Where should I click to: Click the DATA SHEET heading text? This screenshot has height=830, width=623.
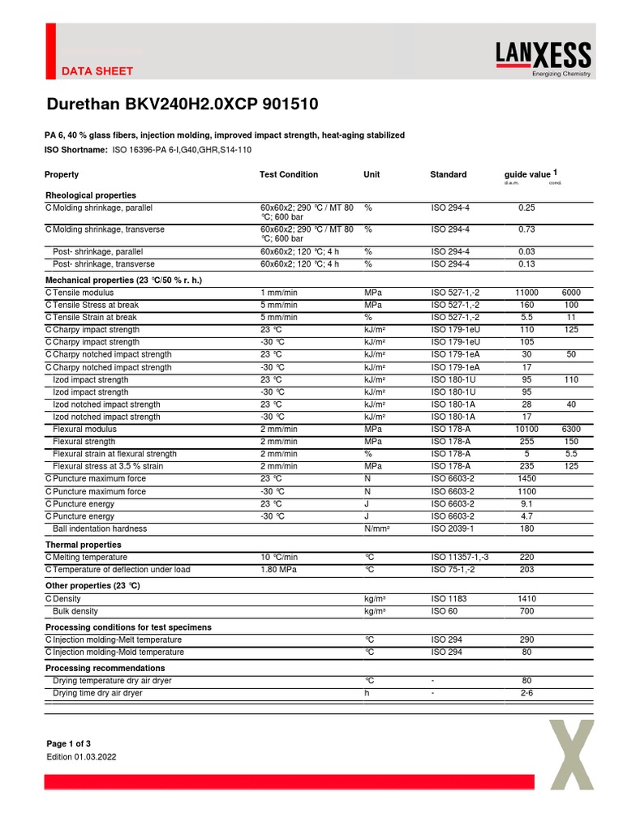97,71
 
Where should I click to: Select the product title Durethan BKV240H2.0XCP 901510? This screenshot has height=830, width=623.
182,105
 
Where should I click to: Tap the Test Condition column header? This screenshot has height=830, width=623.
289,174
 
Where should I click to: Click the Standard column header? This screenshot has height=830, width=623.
448,174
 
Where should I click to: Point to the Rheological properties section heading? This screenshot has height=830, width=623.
91,195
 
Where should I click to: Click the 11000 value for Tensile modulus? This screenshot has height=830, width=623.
526,293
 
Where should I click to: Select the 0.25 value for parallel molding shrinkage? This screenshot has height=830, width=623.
526,208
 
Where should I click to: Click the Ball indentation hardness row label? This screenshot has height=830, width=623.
100,528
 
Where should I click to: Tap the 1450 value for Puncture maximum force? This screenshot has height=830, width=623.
526,479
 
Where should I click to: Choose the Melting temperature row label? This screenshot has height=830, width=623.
89,558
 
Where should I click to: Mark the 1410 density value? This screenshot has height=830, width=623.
526,599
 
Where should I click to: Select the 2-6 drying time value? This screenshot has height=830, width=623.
526,694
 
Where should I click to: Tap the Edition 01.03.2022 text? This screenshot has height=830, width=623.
81,757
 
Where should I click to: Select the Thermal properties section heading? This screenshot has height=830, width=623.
84,545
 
